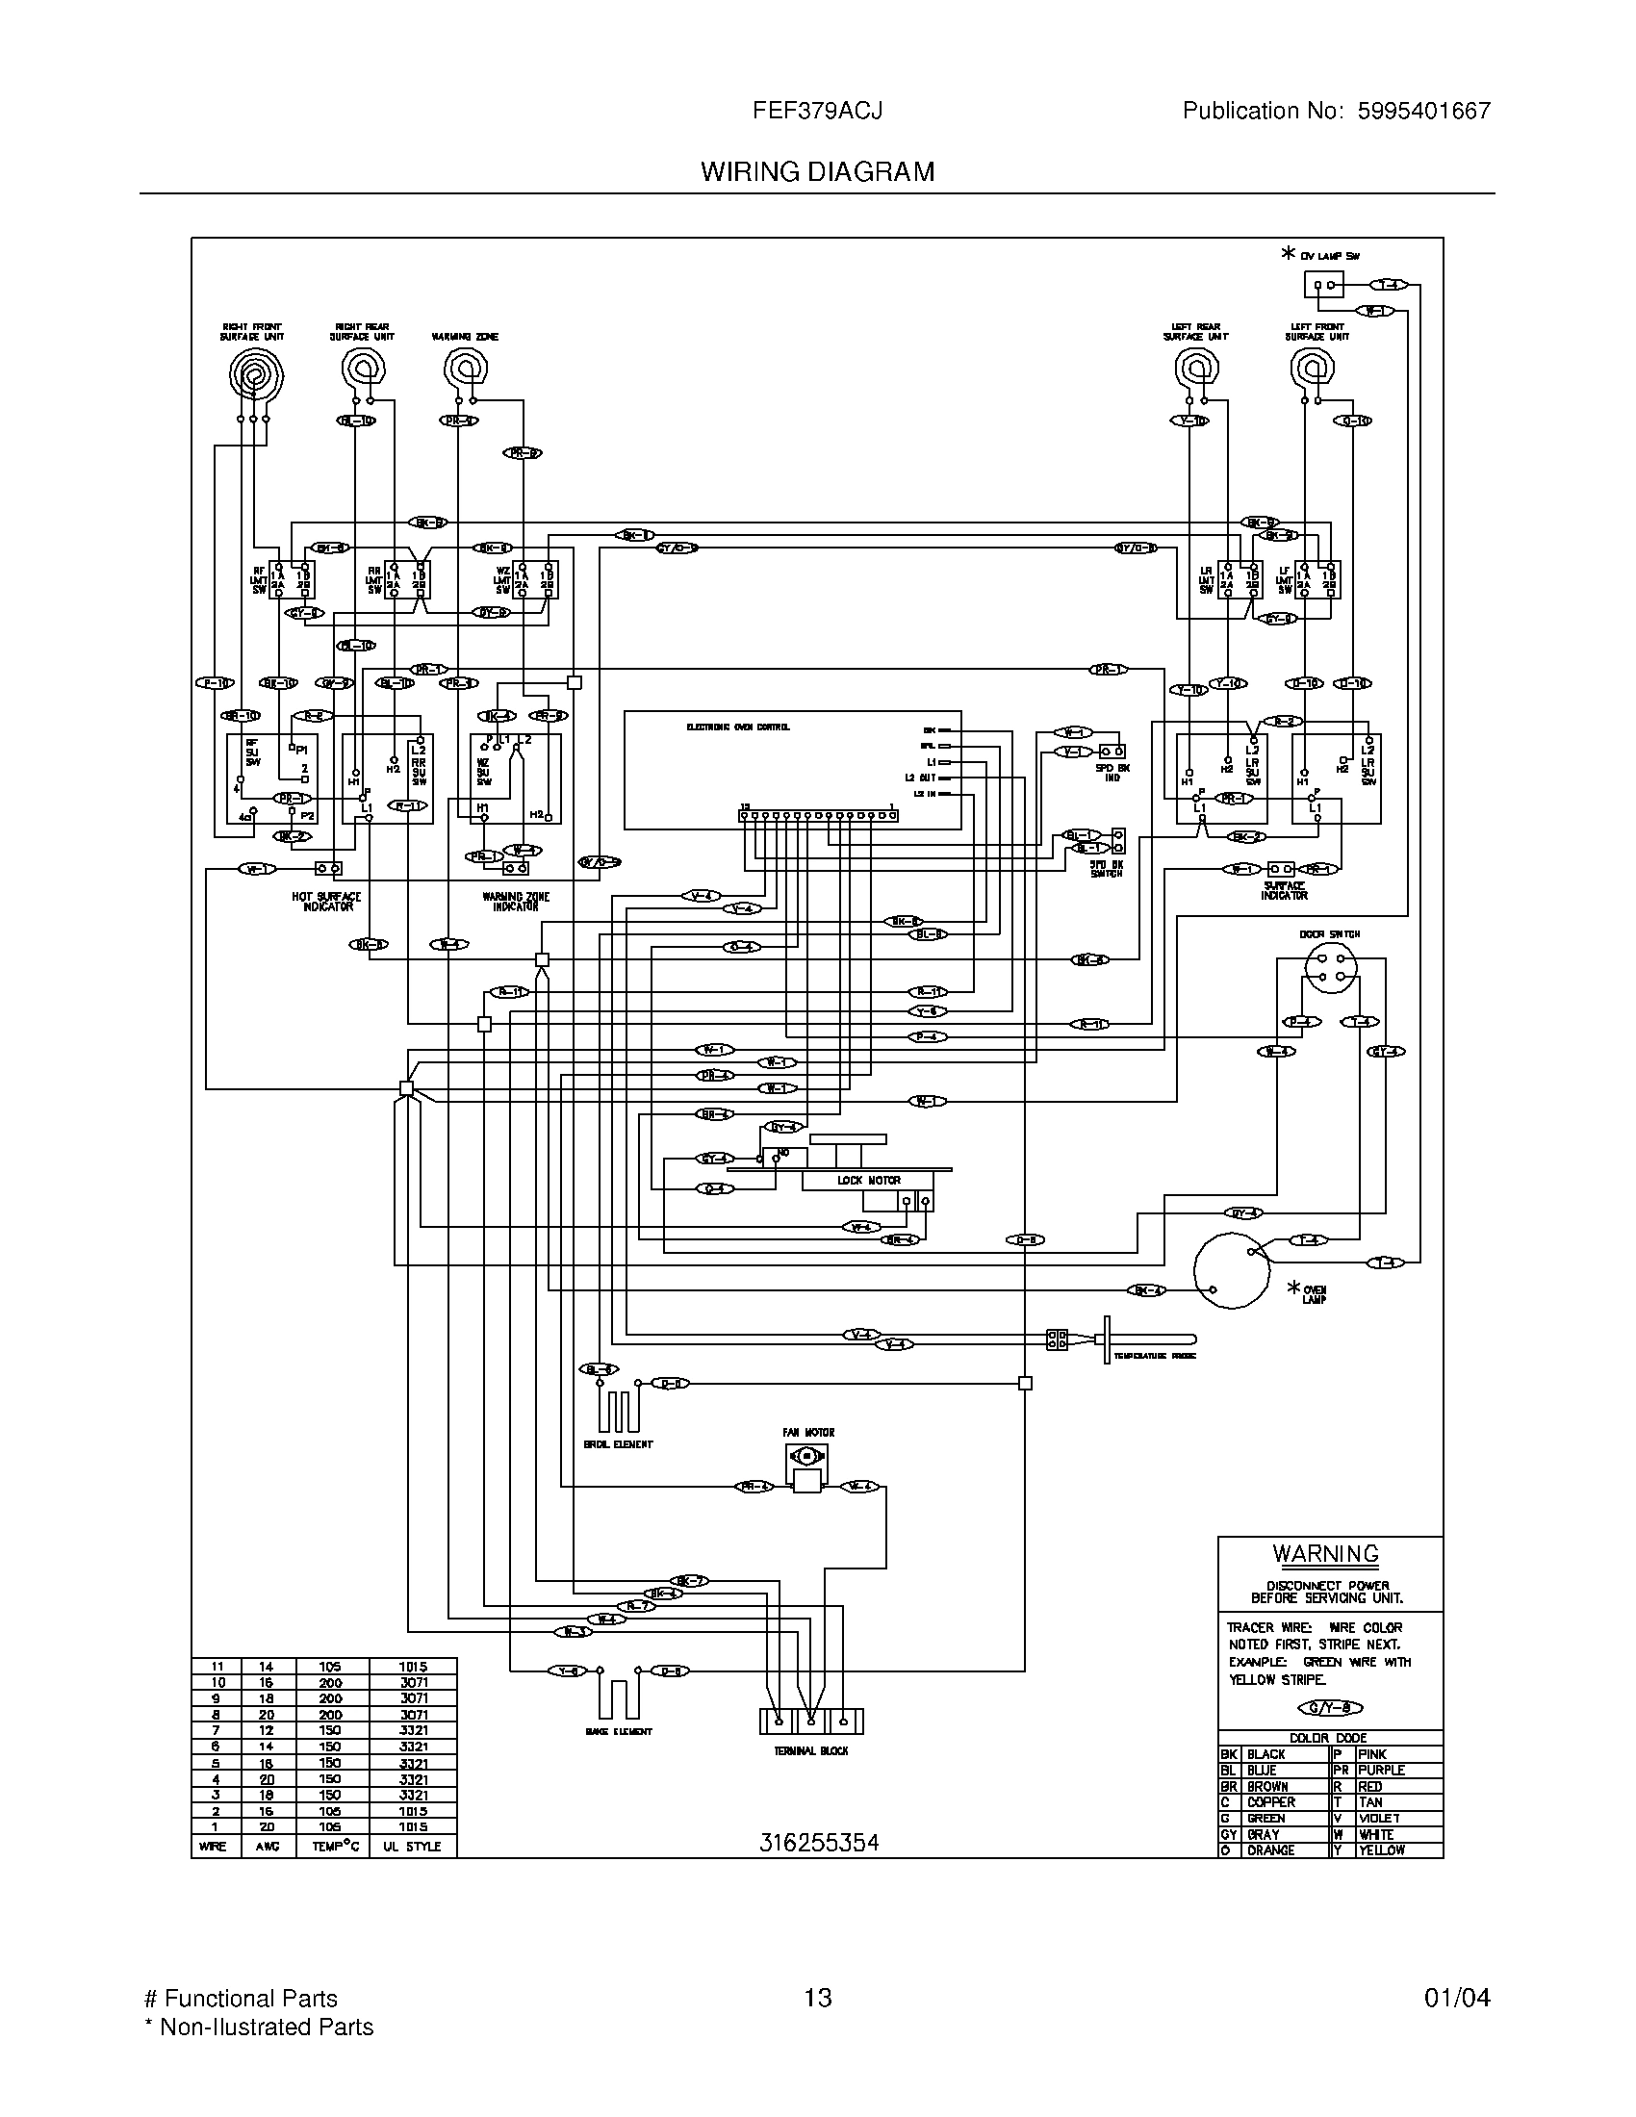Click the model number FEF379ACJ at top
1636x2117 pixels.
click(817, 111)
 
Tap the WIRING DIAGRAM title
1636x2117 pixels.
click(817, 171)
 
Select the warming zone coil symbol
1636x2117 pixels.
click(466, 370)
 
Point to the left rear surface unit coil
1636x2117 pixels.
click(1196, 370)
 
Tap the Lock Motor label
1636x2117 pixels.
click(868, 1180)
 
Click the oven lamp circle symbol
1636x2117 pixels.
click(1231, 1271)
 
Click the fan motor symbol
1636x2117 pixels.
click(806, 1456)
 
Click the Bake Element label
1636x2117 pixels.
click(619, 1731)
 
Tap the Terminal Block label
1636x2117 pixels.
click(810, 1750)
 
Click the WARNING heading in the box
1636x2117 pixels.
click(1325, 1553)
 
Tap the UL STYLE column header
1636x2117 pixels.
click(411, 1847)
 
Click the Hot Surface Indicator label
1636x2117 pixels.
click(326, 902)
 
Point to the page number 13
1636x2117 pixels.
click(817, 1998)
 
